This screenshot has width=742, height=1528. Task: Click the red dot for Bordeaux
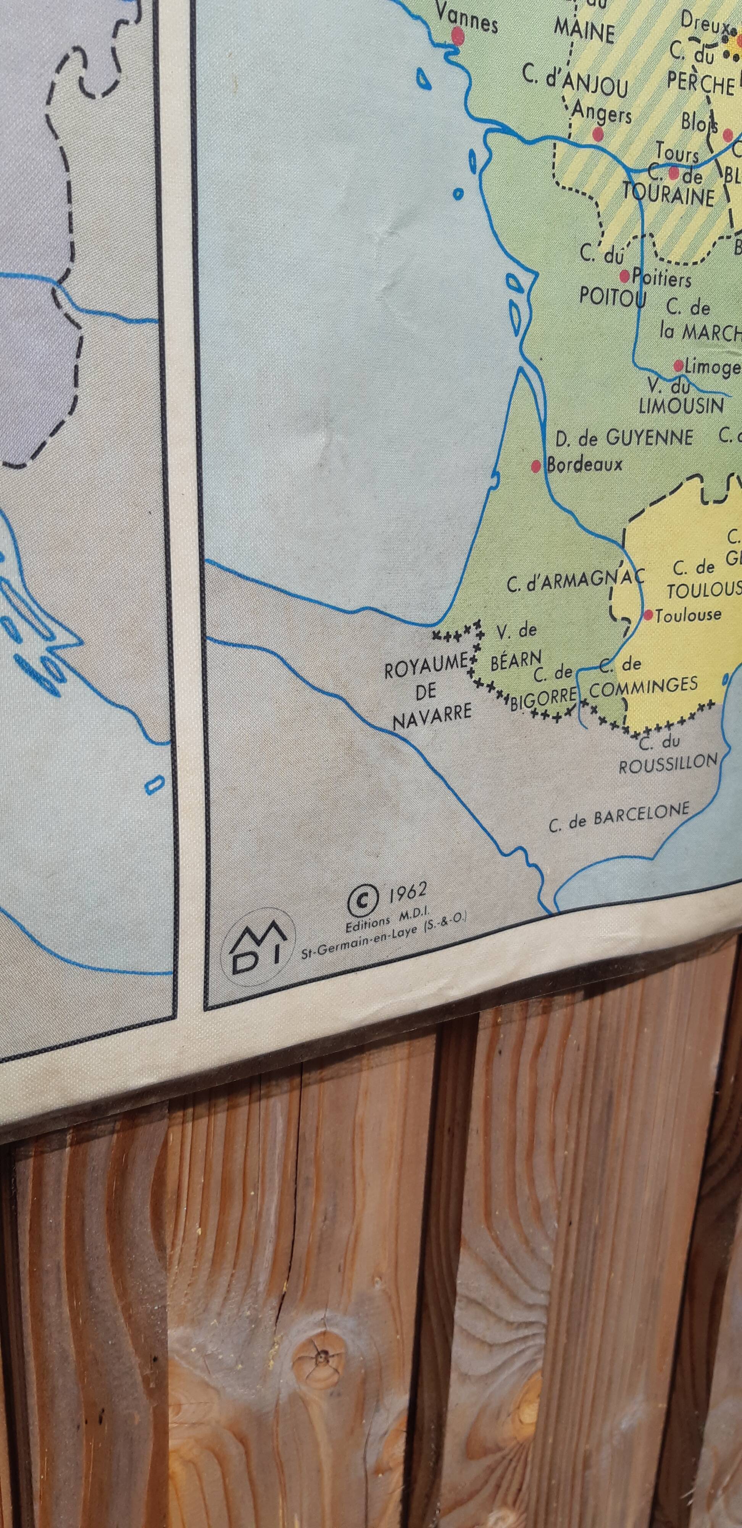[x=536, y=466]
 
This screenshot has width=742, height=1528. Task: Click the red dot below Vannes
[x=457, y=37]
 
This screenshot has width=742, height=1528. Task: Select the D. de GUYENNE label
[x=623, y=439]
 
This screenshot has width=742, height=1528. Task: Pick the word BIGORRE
[x=543, y=698]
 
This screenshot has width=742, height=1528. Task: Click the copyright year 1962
[x=408, y=893]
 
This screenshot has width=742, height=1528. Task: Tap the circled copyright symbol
[x=362, y=902]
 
